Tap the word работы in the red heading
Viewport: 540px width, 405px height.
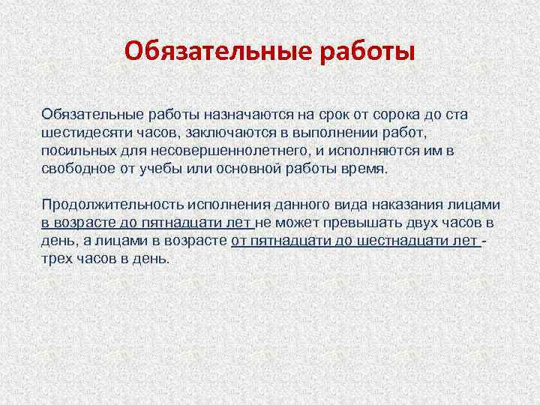367,52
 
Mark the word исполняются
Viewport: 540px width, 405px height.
376,151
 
